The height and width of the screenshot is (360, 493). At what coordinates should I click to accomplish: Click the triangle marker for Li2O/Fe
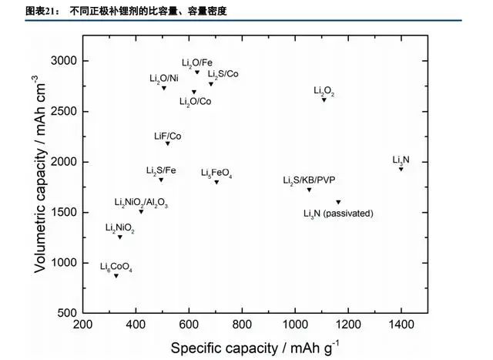pyautogui.click(x=197, y=72)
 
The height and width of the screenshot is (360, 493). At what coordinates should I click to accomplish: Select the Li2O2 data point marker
pyautogui.click(x=324, y=99)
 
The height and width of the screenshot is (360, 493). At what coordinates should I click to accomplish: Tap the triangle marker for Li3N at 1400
pyautogui.click(x=401, y=168)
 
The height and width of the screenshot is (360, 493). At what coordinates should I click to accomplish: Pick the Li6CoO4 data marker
pyautogui.click(x=116, y=275)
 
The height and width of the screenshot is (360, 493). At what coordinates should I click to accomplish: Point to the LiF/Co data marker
pyautogui.click(x=168, y=143)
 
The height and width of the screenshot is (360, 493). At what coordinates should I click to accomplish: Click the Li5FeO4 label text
pyautogui.click(x=216, y=173)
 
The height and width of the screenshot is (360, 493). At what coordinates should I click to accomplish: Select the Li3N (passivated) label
pyautogui.click(x=338, y=213)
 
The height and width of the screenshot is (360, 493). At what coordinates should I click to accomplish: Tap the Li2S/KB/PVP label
pyautogui.click(x=309, y=180)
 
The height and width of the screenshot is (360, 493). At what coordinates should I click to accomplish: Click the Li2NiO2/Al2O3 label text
pyautogui.click(x=141, y=203)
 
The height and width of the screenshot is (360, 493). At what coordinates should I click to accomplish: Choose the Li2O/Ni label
pyautogui.click(x=163, y=79)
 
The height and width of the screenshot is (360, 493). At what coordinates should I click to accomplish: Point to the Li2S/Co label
pyautogui.click(x=223, y=75)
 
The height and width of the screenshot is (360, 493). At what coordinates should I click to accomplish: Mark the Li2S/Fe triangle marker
pyautogui.click(x=161, y=180)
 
